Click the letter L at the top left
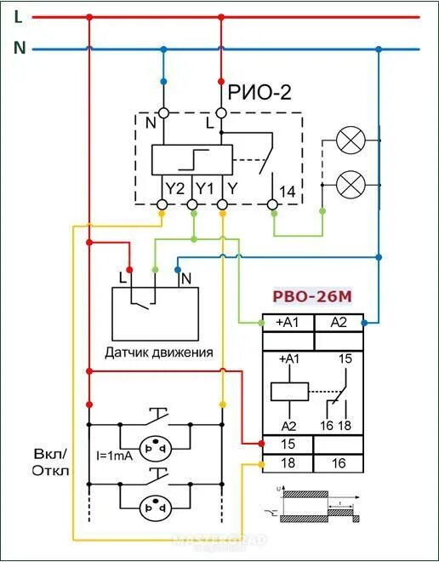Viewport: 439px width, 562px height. [18, 15]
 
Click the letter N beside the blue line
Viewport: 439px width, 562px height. [19, 49]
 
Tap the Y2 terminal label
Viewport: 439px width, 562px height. [174, 188]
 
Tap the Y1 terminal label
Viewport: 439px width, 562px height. [204, 188]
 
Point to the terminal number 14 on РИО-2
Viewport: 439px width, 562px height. [287, 192]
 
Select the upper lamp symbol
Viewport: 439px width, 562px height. [349, 141]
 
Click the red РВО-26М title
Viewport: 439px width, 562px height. [311, 297]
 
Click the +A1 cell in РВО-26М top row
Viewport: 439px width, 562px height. [288, 323]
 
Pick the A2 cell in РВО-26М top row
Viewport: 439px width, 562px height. [339, 323]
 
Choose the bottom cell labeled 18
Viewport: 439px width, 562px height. [288, 463]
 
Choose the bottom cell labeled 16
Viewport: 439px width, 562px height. [339, 463]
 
